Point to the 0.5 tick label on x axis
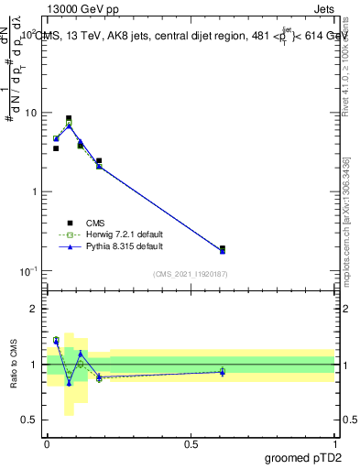click(191, 442)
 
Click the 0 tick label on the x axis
click(47, 442)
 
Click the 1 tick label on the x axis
click(334, 442)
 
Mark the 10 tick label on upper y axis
click(29, 114)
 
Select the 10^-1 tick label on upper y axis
click(27, 271)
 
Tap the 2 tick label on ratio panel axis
click(35, 310)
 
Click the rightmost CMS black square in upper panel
click(223, 248)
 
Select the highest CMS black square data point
click(69, 118)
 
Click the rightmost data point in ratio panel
click(223, 371)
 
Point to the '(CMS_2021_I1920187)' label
click(190, 274)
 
